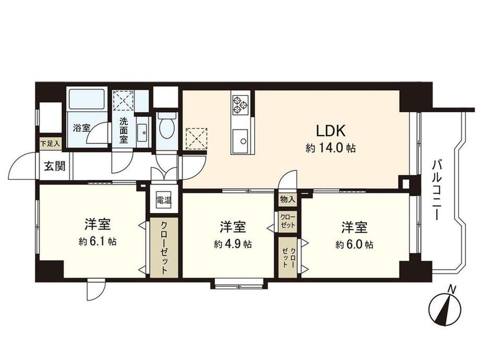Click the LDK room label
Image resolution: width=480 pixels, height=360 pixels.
click(331, 131)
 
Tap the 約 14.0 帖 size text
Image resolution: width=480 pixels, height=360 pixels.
click(330, 149)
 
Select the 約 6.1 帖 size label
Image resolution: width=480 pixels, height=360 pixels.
click(98, 242)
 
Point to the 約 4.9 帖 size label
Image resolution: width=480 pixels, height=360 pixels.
click(233, 244)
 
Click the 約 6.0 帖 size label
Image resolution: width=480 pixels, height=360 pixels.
click(354, 244)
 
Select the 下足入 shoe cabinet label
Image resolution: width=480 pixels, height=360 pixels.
click(50, 143)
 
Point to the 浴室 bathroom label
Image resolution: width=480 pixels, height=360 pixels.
click(81, 128)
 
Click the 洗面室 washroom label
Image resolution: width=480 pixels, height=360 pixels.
click(123, 130)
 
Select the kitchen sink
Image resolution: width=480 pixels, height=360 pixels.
click(240, 140)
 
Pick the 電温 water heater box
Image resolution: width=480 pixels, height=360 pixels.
click(164, 200)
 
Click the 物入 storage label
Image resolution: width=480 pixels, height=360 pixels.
click(287, 200)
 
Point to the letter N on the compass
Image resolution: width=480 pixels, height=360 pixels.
click(451, 289)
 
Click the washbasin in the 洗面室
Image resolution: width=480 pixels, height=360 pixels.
click(142, 133)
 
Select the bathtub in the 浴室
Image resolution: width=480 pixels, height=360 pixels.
click(87, 99)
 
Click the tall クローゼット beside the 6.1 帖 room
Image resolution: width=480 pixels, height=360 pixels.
click(164, 248)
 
